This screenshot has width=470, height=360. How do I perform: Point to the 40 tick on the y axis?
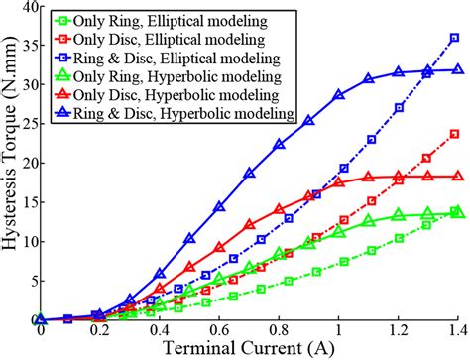click(24, 8)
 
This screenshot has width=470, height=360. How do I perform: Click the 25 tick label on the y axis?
click(24, 125)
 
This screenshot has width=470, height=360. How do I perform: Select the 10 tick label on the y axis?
click(24, 242)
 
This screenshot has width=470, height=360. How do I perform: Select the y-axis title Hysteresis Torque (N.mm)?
click(9, 164)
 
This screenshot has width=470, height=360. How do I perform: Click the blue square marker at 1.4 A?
click(456, 38)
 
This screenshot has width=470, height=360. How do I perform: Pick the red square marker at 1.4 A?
click(456, 134)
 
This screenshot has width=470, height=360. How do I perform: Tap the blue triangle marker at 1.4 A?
click(456, 69)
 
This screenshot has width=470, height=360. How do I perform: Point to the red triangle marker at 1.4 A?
click(456, 176)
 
